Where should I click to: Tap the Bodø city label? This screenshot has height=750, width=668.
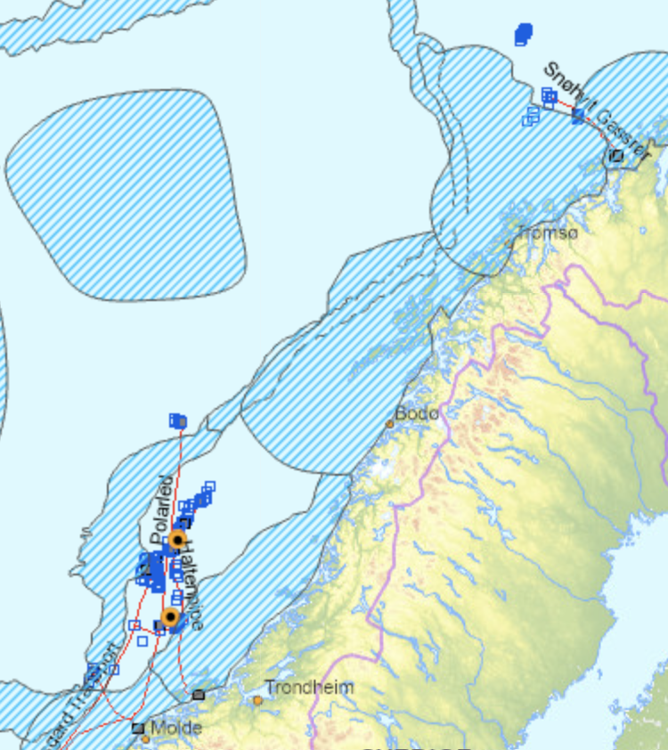[x=417, y=413]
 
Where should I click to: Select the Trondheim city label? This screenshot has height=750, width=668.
[x=309, y=688]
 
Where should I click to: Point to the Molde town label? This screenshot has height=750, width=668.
[x=175, y=728]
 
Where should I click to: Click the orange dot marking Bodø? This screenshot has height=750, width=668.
[x=389, y=424]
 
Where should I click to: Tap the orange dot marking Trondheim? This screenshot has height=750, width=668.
[x=257, y=700]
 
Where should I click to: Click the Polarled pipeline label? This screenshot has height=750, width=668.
[x=163, y=524]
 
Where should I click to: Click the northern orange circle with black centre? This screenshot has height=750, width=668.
[x=177, y=540]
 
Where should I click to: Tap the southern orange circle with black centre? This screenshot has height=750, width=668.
[x=170, y=616]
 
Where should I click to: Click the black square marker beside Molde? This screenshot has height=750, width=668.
[x=138, y=728]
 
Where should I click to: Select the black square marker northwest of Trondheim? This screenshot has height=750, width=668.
[x=198, y=694]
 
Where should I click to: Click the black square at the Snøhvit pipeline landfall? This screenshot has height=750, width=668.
[x=616, y=156]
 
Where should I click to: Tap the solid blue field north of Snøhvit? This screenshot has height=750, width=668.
[x=523, y=35]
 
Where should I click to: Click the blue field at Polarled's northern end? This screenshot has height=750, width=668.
[x=178, y=420]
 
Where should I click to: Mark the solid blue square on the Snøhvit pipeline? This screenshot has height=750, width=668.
[x=577, y=114]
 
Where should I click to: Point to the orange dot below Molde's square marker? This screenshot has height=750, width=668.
[x=145, y=738]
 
